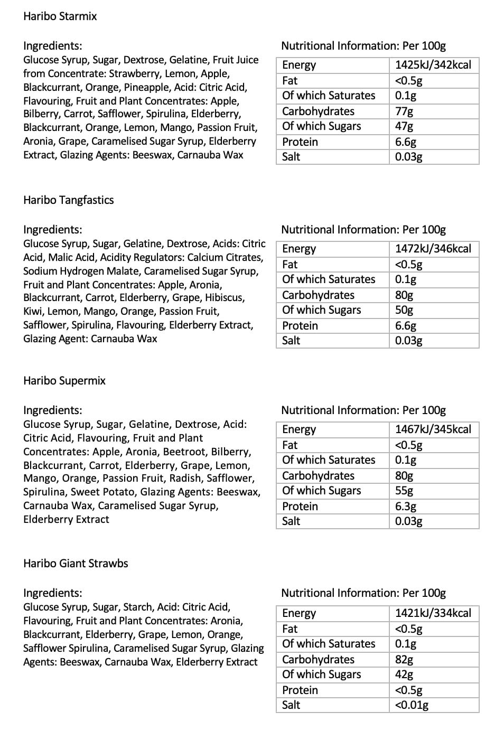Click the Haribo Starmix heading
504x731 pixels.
(60, 16)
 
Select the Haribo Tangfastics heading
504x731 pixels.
(68, 200)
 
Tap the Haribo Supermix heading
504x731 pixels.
(64, 381)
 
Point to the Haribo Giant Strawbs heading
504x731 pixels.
(76, 564)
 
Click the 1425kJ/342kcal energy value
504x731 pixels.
(433, 65)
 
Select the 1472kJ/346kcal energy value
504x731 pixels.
(433, 249)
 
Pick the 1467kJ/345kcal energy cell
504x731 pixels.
(433, 429)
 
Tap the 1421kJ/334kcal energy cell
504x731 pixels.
(433, 613)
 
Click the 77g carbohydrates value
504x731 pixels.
(404, 111)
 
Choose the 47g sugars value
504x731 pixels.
(404, 126)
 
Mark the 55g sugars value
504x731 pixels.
(404, 491)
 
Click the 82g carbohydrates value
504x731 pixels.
(404, 660)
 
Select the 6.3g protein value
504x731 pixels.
(406, 507)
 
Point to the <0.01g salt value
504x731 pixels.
(412, 705)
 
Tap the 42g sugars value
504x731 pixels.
(404, 674)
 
